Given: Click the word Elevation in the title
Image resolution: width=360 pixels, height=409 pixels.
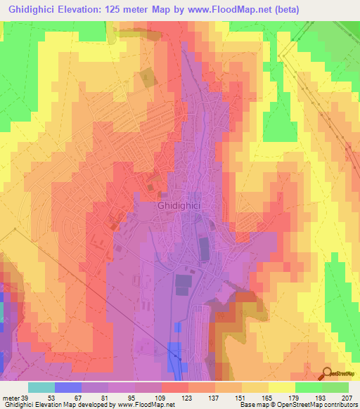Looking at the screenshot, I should pyautogui.click(x=94, y=9).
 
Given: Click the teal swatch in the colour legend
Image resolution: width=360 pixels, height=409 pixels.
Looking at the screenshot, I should pyautogui.click(x=41, y=387).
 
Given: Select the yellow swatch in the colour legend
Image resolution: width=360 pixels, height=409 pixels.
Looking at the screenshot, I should pyautogui.click(x=281, y=387).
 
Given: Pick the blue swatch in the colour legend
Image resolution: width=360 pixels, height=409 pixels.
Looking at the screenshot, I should pyautogui.click(x=67, y=387).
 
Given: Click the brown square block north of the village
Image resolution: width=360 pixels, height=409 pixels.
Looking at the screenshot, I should pyautogui.click(x=148, y=78).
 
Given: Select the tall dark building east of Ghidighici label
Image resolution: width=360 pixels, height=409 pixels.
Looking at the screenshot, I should pyautogui.click(x=205, y=247).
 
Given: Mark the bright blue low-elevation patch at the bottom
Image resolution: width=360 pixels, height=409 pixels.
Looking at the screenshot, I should pyautogui.click(x=174, y=356).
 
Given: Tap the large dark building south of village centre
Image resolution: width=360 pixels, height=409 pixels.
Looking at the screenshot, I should pyautogui.click(x=183, y=285).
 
